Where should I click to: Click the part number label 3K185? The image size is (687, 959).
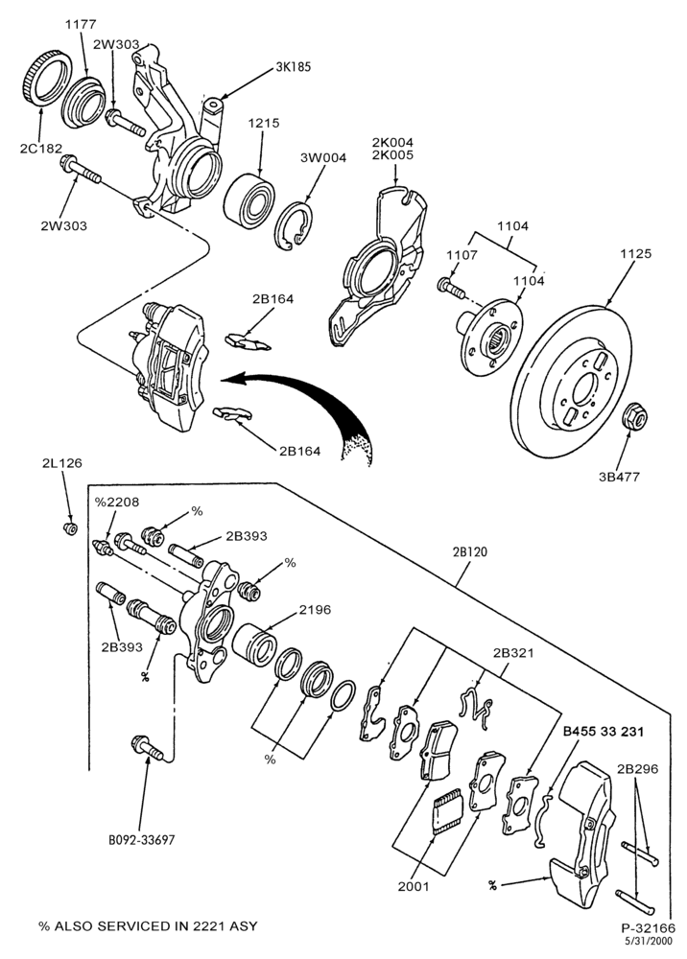pos(293,66)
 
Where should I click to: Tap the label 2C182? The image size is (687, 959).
pos(36,148)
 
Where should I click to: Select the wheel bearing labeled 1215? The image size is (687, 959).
pos(249,197)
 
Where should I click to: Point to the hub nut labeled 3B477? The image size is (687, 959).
pos(634,417)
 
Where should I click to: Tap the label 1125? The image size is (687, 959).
pos(635,253)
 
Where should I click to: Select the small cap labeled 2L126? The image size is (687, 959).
pos(71,527)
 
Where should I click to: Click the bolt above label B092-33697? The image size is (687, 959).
pos(147,748)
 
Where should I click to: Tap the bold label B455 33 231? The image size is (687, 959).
pos(603,731)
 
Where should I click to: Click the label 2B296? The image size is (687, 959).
pos(637,769)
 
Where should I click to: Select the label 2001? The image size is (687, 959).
pos(414,886)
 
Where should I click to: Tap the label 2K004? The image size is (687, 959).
pos(392,143)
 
